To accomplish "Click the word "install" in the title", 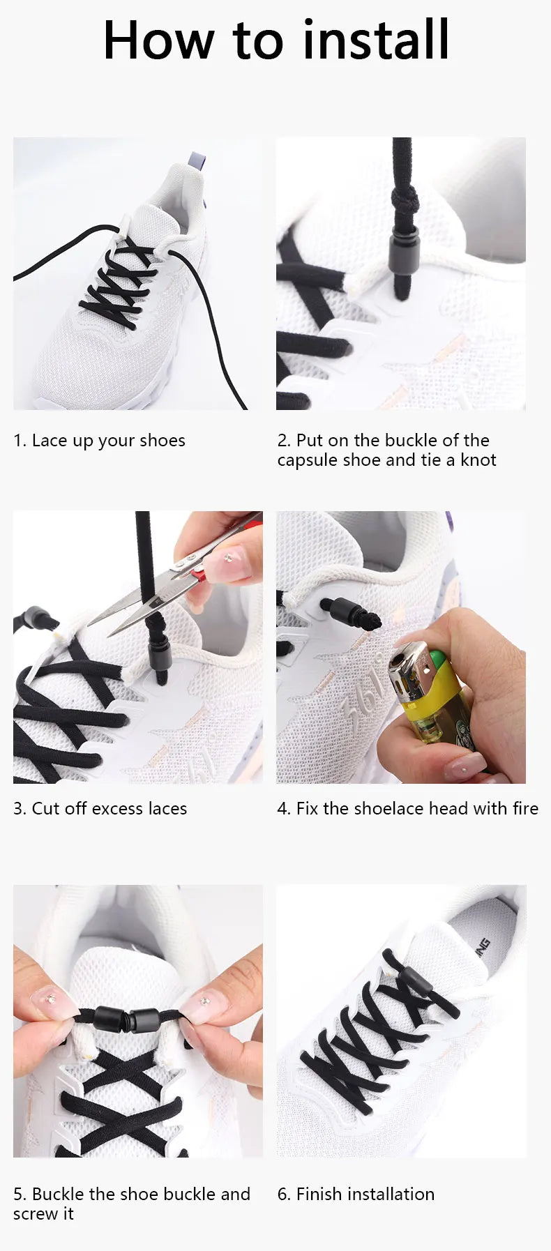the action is coord(377,40).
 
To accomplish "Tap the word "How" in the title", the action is coord(158,40).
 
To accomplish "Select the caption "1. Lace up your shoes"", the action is coord(99,441).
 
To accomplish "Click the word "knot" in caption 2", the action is coord(478,460).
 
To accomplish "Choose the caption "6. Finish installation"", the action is coord(356,1194).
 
